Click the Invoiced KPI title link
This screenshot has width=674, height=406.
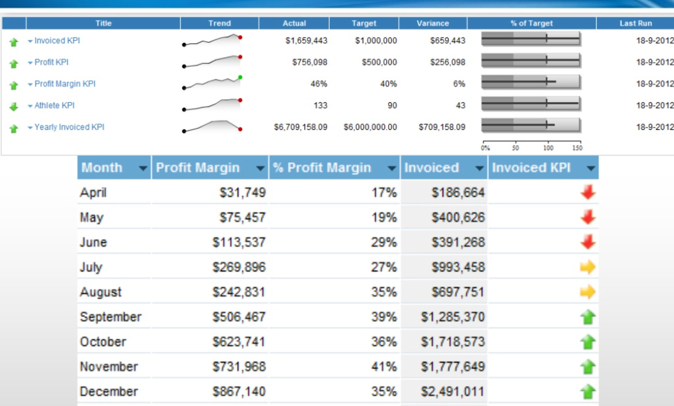coord(57,41)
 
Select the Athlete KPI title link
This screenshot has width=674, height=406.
coord(54,106)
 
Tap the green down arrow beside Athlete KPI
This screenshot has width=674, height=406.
coord(14,107)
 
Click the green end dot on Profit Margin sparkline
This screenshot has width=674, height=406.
coord(240,77)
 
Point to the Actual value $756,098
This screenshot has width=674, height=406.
coord(310,62)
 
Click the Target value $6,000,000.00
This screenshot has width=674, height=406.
coord(370,127)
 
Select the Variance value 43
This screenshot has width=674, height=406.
coord(460,106)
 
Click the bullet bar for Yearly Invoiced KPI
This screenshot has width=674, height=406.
coord(531,125)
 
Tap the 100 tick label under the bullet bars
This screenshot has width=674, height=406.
coord(548,148)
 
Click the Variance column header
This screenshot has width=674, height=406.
coord(433,24)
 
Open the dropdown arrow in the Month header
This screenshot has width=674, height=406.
coord(143,168)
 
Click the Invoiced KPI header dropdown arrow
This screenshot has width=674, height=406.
coord(591,168)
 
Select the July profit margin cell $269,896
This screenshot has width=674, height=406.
coord(239,267)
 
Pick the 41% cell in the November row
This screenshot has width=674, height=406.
coord(384,367)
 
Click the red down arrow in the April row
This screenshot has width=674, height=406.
coord(588,192)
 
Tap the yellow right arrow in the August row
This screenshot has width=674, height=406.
coord(588,292)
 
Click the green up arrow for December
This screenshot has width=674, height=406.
coord(588,392)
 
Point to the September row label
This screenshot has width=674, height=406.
coord(110,317)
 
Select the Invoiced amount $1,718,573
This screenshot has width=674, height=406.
coord(453,342)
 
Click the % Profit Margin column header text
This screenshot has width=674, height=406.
coord(322,168)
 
